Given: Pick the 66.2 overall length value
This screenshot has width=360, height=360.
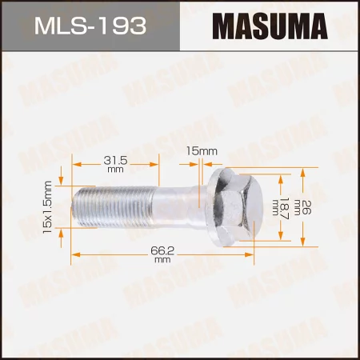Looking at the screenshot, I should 162,249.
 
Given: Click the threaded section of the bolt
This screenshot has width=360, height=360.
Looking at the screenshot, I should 112,206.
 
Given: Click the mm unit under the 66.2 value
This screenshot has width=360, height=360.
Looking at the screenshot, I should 162,260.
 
